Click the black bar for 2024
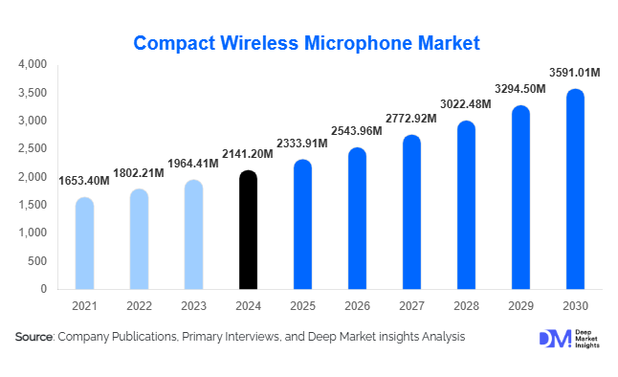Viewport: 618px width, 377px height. click(x=248, y=230)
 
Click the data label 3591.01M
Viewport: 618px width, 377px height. click(x=574, y=72)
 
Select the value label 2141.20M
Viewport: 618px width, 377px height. click(x=248, y=153)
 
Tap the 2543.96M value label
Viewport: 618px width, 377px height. click(x=356, y=130)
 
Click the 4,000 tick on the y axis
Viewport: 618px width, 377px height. click(x=33, y=64)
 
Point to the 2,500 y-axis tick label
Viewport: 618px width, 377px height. click(x=33, y=148)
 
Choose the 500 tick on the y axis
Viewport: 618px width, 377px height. click(x=38, y=260)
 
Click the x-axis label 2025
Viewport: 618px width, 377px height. click(x=302, y=305)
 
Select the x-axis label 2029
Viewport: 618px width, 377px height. click(x=519, y=305)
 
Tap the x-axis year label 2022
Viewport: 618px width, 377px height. click(x=140, y=305)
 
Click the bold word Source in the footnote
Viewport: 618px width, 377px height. click(x=34, y=337)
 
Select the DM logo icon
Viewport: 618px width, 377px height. click(x=555, y=340)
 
